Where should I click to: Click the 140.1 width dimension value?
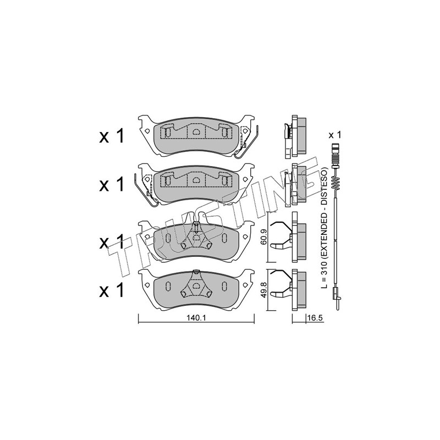[196, 318]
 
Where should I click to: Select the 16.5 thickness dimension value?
[315, 318]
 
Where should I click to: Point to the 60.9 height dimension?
[264, 238]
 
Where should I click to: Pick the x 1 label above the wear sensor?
[335, 135]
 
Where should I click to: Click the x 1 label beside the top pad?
[112, 136]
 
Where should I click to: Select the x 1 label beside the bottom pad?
[112, 290]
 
